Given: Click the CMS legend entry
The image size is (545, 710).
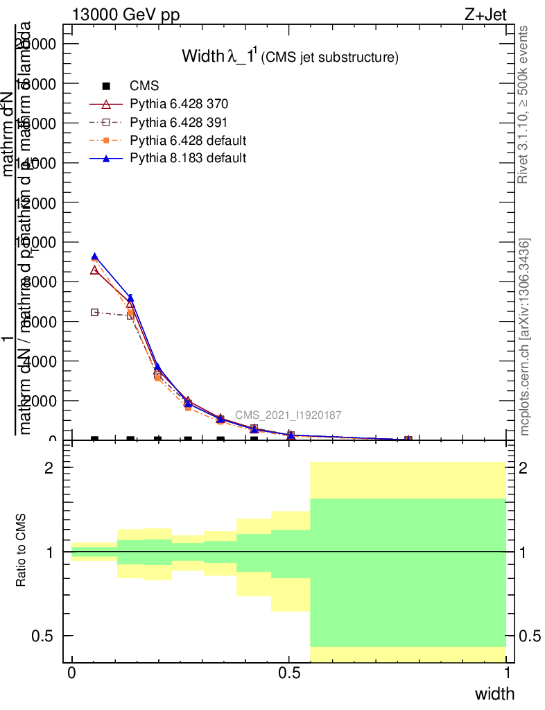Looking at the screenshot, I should [144, 86].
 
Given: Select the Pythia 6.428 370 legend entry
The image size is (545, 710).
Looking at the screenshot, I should [179, 105].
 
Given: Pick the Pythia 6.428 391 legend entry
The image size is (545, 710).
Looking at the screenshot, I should [179, 123].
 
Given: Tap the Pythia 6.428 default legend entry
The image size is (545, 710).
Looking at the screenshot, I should [188, 141].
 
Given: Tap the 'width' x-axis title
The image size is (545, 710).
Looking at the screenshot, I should [494, 693].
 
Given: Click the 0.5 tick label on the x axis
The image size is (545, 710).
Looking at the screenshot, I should [289, 673].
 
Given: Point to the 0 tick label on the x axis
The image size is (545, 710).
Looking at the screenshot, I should [72, 673].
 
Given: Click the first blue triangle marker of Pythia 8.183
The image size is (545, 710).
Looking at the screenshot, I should [94, 257].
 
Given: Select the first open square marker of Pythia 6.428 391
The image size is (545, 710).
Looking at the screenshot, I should [94, 313].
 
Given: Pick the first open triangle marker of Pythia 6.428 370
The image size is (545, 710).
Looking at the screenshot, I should [94, 270].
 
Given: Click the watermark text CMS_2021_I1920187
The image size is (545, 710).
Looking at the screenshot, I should [288, 415].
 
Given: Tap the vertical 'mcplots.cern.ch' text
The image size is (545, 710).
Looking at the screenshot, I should [525, 338].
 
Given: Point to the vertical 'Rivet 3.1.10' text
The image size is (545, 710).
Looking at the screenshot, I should [525, 104].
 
